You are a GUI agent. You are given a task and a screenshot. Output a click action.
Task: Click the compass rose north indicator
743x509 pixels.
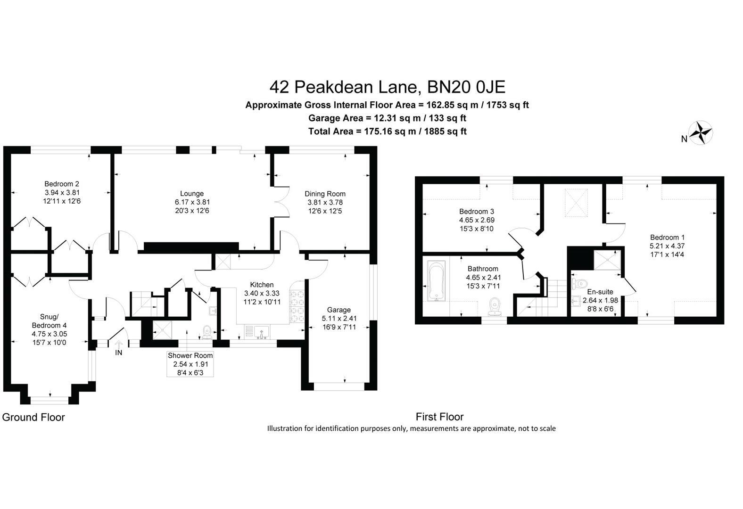click(701, 132)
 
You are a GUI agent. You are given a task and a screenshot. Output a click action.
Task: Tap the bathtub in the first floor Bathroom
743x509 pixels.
click(436, 281)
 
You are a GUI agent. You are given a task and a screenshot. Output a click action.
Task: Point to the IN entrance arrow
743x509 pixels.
click(119, 347)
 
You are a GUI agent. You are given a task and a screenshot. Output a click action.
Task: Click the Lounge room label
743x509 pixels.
click(192, 194)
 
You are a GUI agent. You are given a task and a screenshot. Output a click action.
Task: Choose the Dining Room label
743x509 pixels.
click(325, 194)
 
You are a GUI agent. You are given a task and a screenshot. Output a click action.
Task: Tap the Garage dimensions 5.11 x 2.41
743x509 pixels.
click(339, 318)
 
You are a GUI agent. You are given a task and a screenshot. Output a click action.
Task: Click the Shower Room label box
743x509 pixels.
click(190, 364)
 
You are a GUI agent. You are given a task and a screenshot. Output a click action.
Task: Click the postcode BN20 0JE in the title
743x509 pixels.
click(466, 87)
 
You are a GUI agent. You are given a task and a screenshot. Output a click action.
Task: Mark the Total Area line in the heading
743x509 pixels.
click(387, 131)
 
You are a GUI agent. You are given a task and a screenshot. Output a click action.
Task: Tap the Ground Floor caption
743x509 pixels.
click(33, 417)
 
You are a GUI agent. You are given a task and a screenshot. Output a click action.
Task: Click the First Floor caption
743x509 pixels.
click(439, 417)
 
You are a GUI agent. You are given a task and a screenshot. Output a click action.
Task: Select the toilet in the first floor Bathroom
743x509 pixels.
click(495, 305)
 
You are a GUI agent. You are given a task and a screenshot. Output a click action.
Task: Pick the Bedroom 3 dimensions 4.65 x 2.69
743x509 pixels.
click(477, 220)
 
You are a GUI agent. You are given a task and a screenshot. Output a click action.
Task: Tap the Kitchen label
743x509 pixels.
click(262, 285)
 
